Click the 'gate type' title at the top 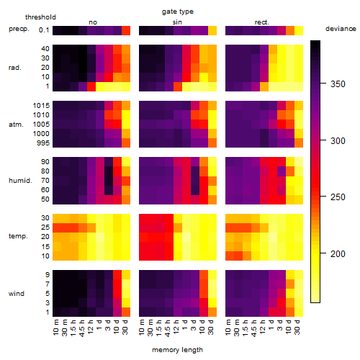178,12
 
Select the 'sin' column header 177,22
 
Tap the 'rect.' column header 262,22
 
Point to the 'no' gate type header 93,22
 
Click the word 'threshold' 40,17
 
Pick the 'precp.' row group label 19,29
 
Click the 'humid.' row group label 20,180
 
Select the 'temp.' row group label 18,236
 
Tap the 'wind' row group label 17,293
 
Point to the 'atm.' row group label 16,125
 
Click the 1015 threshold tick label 41,105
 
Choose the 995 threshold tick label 43,143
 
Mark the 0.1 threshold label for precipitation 44,30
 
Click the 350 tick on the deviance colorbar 338,84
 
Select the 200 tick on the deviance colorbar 338,253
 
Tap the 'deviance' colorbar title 341,29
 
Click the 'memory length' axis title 177,350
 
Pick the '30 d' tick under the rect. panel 297,328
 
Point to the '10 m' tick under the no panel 55,328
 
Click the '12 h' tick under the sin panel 176,327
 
